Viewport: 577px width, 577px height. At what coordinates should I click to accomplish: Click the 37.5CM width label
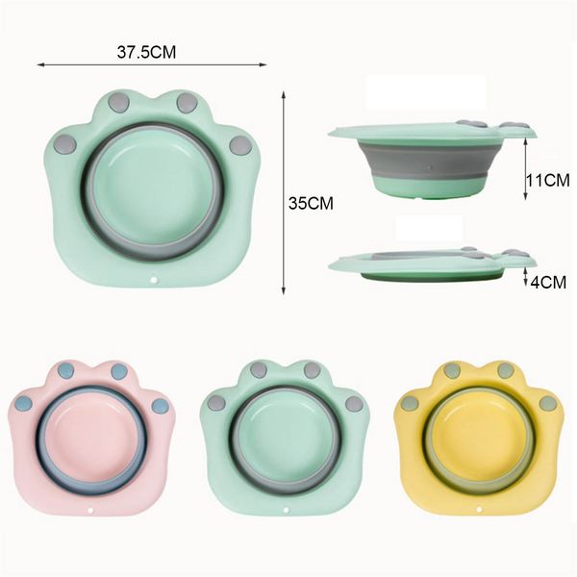tap(146, 52)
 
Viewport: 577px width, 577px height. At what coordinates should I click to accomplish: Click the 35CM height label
tap(311, 204)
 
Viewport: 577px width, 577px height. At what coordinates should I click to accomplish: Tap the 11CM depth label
tap(547, 181)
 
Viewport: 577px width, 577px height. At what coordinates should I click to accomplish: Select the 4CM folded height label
tap(548, 282)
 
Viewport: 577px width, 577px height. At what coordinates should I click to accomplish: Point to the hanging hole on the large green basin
tap(154, 281)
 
